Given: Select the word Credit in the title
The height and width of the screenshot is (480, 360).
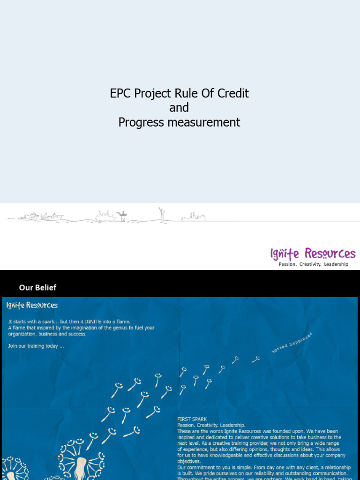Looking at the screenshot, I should tap(233, 93).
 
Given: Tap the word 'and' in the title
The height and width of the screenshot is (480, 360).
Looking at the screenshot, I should tap(179, 108).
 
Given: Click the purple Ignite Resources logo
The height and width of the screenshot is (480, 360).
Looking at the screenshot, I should tap(313, 254).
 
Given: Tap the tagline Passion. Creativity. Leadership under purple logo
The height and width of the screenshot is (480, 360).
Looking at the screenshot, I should tap(314, 264).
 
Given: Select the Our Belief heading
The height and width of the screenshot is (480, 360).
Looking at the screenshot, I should tap(37, 287).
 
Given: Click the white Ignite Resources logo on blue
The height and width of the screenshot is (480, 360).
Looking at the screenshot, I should tap(32, 305).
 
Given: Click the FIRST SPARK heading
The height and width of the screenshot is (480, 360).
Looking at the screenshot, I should tap(192, 419).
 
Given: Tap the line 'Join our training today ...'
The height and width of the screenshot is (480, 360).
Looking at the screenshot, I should tap(36, 346).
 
